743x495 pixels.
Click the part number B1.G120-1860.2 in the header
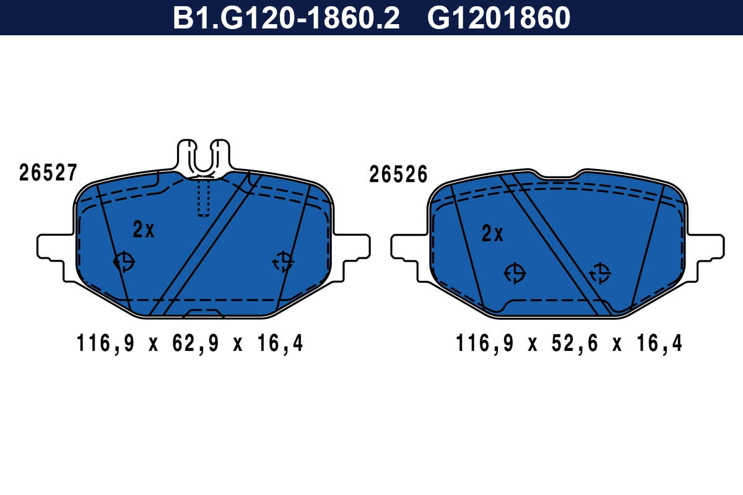click(286, 18)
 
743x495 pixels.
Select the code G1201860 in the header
click(498, 18)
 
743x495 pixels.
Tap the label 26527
click(48, 173)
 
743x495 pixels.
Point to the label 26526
click(398, 175)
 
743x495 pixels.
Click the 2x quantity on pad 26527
click(144, 230)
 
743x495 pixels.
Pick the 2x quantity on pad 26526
click(493, 234)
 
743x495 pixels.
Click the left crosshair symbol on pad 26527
click(124, 262)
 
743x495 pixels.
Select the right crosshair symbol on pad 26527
click(284, 262)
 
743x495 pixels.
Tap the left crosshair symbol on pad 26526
click(515, 273)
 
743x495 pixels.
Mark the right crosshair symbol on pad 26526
click(599, 273)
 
